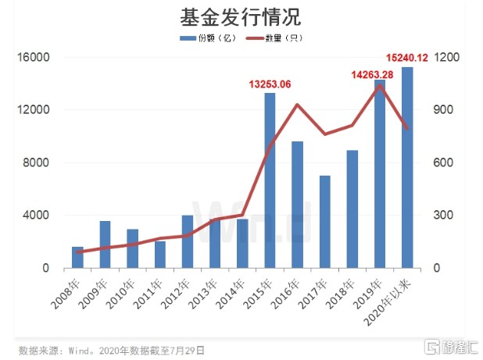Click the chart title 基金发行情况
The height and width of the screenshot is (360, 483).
coord(241,16)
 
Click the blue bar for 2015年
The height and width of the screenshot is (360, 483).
coord(269,180)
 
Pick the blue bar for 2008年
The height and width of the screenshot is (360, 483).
coord(77,257)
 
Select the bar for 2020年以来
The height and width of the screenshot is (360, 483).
coord(406,167)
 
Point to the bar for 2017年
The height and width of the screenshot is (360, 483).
coord(324,222)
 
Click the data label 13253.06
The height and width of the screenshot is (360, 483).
coord(270,84)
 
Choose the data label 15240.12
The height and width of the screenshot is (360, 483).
coord(407,57)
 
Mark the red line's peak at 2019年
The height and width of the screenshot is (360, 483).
coord(379,85)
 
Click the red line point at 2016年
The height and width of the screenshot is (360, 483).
coord(297,105)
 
